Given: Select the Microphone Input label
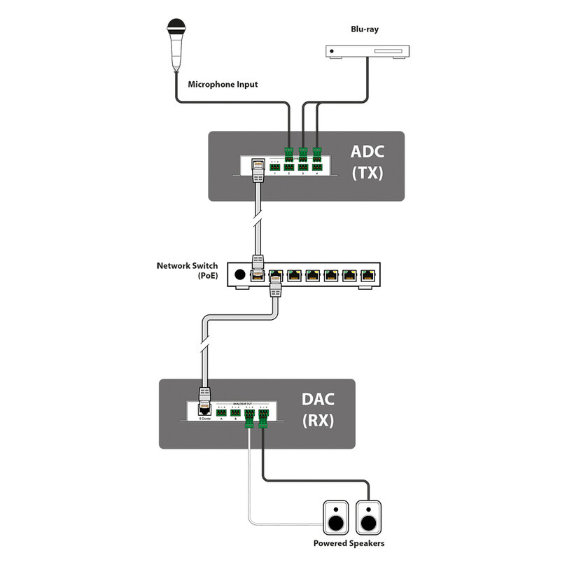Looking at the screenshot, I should coord(223,85).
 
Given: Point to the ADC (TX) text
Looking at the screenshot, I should coord(367,163).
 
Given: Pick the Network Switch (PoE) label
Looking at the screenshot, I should coord(187,270).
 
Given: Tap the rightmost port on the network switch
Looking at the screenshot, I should coord(366,275).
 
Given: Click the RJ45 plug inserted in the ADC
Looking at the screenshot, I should coord(257,169).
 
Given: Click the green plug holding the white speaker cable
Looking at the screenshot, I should coord(249,421).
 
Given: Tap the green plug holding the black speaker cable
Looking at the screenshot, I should coord(264,419).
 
